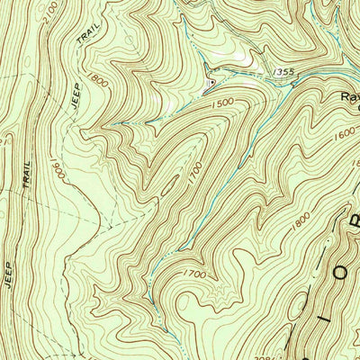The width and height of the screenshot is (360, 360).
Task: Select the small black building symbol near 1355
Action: pyautogui.click(x=210, y=85)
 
